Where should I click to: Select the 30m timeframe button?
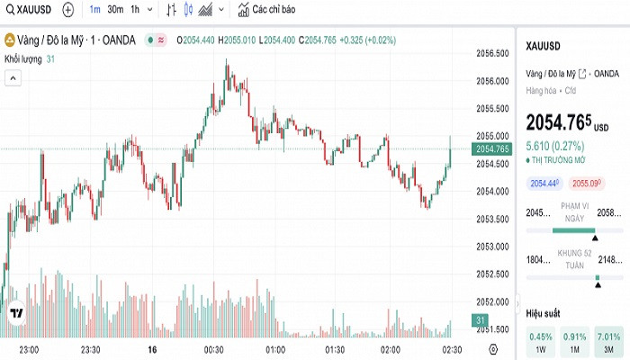[115, 11]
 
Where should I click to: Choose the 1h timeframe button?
[136, 11]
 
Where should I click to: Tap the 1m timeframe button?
[94, 11]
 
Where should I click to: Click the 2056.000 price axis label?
[490, 81]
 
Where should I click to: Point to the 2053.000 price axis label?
[490, 246]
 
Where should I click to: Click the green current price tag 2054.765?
[492, 148]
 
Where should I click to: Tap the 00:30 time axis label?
[213, 349]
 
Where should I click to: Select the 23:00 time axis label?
[29, 349]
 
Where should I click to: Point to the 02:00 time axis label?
[391, 349]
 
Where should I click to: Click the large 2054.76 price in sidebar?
[558, 121]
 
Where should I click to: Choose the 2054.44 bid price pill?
[544, 184]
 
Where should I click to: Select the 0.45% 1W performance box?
[541, 343]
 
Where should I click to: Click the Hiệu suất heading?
[543, 313]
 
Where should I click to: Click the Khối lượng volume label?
[23, 58]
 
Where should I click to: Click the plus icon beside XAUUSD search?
[68, 11]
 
